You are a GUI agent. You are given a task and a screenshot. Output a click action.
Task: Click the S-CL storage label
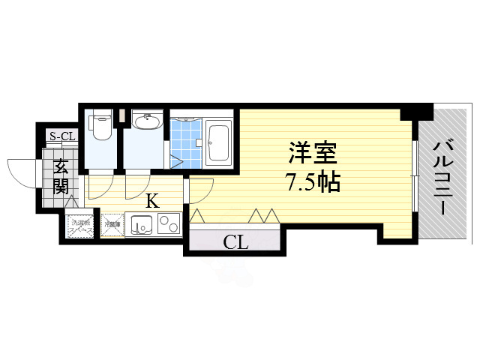click(x=62, y=136)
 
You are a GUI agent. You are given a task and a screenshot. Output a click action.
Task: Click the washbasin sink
click(x=145, y=121)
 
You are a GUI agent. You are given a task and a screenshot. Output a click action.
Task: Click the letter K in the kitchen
click(x=151, y=200)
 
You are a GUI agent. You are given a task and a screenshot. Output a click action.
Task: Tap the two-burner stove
click(x=168, y=224)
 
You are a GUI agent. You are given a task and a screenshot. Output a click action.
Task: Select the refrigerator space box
click(x=112, y=224)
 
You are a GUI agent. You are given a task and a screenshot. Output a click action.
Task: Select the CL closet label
click(x=236, y=241)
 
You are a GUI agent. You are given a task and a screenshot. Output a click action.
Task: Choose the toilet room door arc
click(x=100, y=187)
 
